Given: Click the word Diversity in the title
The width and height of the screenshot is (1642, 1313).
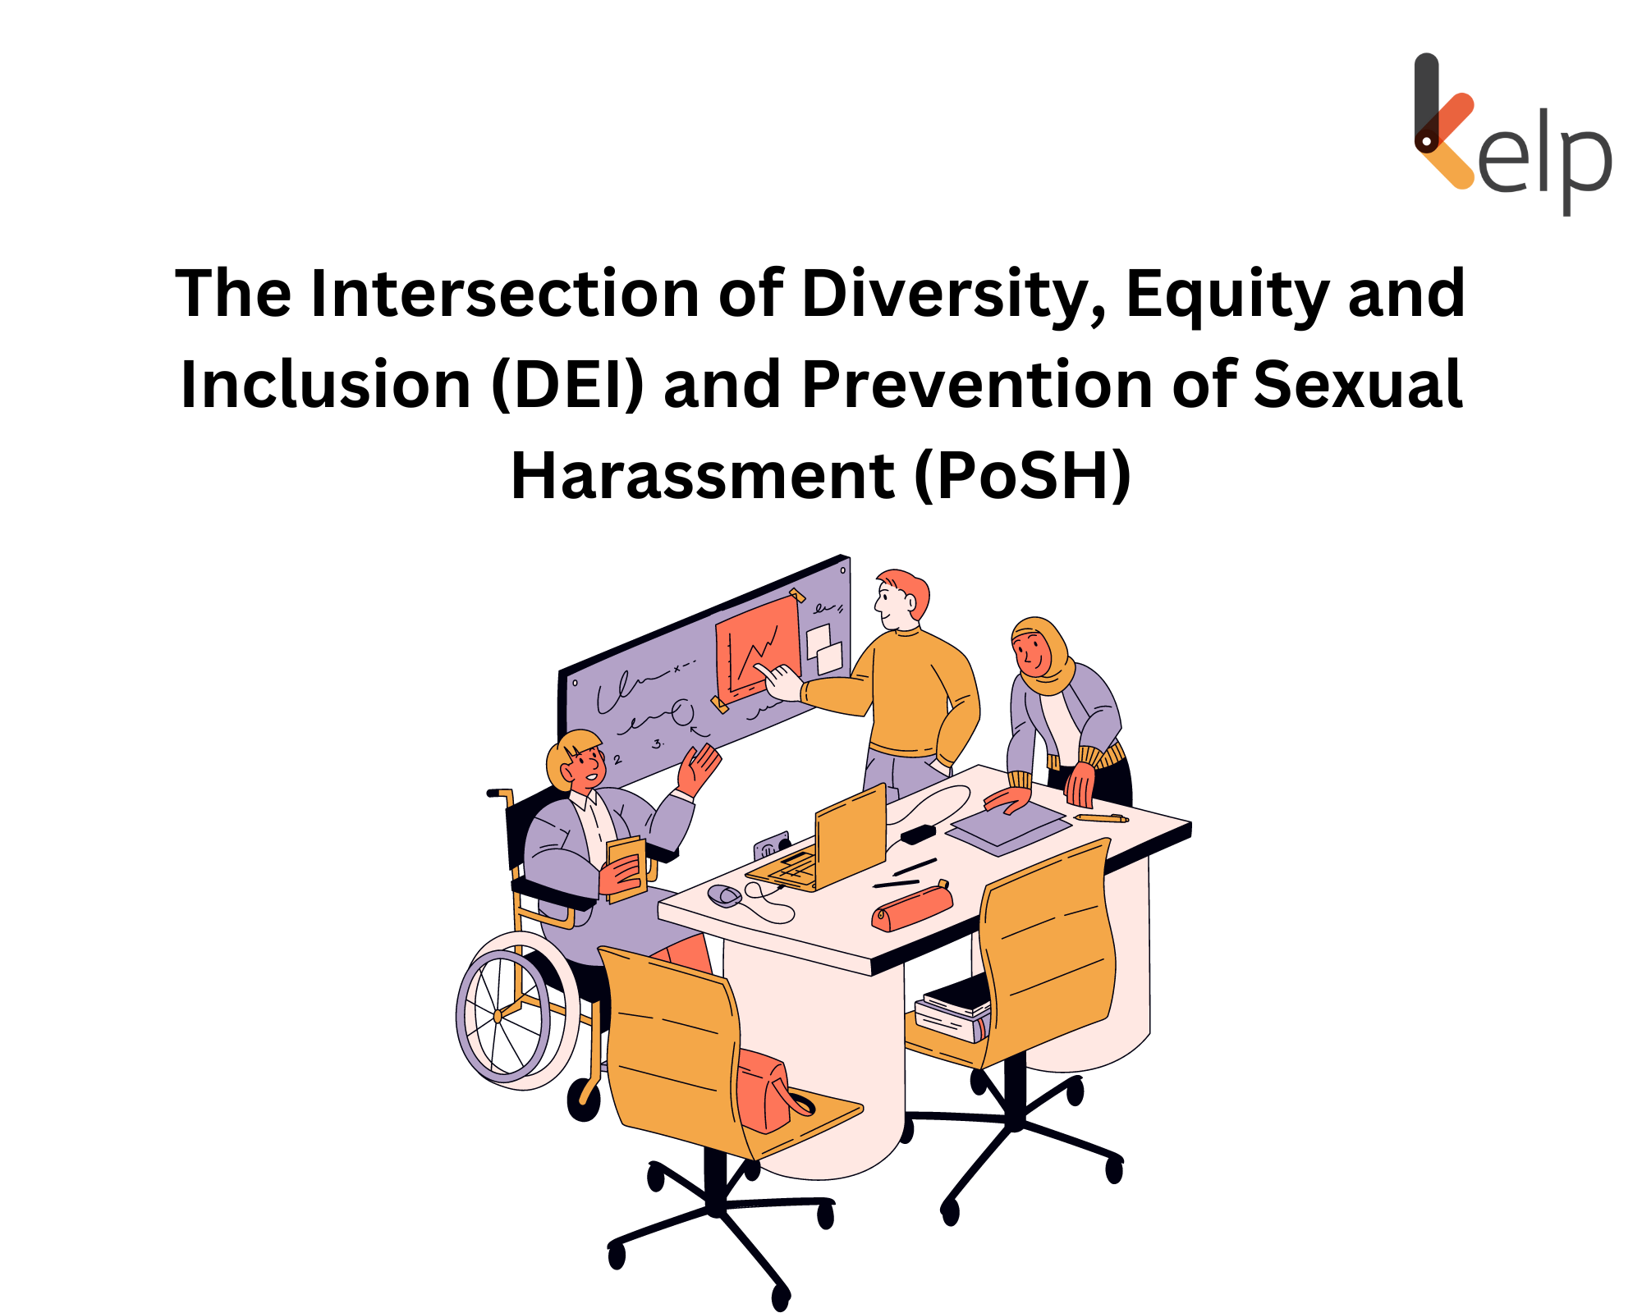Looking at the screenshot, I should (x=952, y=294).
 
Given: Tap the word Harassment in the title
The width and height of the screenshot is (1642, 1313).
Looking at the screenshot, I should (x=702, y=476).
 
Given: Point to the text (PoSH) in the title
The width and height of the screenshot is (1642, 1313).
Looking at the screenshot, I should (x=1022, y=476).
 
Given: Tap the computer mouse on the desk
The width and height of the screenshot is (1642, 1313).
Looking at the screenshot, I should (x=724, y=894).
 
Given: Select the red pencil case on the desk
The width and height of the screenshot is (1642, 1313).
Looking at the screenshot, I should (x=911, y=907).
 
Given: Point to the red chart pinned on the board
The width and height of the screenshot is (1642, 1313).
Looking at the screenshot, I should (x=757, y=648).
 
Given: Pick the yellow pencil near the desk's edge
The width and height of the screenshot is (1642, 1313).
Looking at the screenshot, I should (x=1101, y=817).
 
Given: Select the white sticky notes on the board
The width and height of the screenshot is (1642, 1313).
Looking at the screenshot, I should (x=824, y=647).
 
